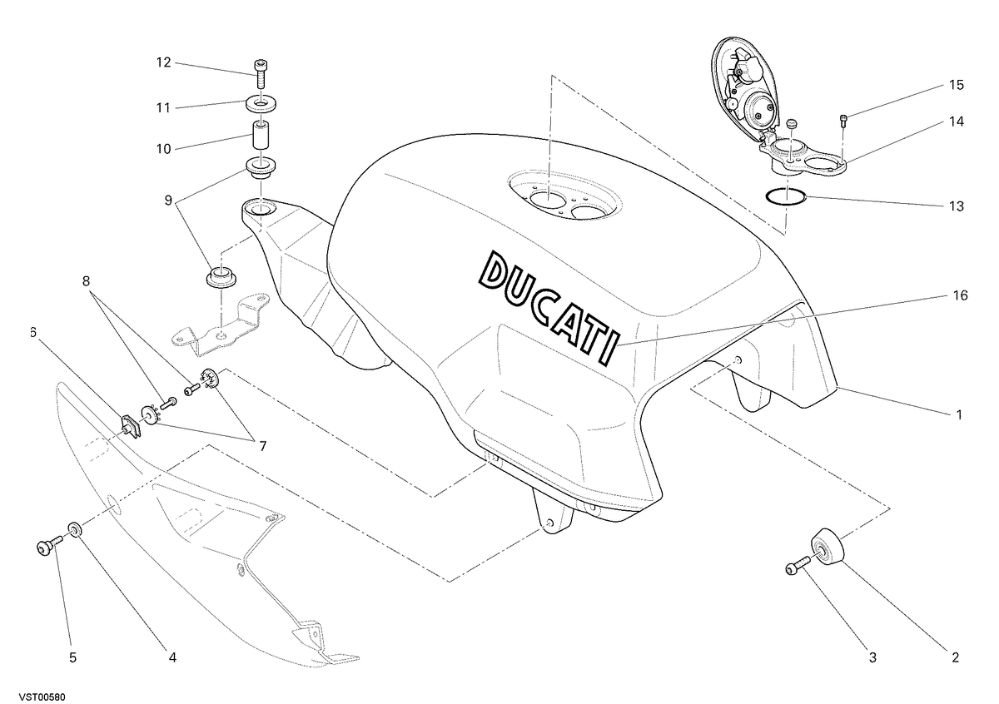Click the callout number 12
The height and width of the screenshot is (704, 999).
164,62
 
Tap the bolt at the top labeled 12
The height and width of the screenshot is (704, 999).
260,73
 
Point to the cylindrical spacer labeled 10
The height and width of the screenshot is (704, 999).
261,134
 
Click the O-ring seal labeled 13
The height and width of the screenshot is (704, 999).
785,197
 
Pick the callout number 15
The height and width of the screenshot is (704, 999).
957,85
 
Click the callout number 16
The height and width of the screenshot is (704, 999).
960,295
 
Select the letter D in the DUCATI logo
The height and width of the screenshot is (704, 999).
495,269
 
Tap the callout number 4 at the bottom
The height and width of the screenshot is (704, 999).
172,657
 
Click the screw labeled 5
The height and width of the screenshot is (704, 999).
49,546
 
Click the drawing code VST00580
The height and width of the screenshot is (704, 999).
42,697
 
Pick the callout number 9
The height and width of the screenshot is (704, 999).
168,201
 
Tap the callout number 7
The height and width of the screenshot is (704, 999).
263,446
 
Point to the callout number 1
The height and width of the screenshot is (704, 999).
958,415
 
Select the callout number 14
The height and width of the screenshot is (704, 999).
957,121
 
